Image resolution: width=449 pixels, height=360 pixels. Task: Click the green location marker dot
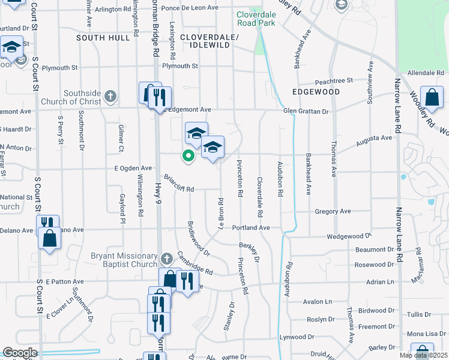188,156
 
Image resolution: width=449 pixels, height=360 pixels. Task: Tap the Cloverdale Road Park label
256,18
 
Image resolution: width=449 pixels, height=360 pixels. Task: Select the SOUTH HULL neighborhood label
103,38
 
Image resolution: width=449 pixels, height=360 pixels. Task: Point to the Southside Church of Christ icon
110,95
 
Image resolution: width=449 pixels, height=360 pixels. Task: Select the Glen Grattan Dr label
306,111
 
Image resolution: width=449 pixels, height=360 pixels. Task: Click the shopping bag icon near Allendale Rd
432,96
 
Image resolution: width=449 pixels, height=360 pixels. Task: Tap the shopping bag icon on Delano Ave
49,239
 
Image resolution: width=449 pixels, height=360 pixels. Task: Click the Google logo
20,353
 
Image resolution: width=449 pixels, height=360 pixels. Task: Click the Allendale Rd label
425,73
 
